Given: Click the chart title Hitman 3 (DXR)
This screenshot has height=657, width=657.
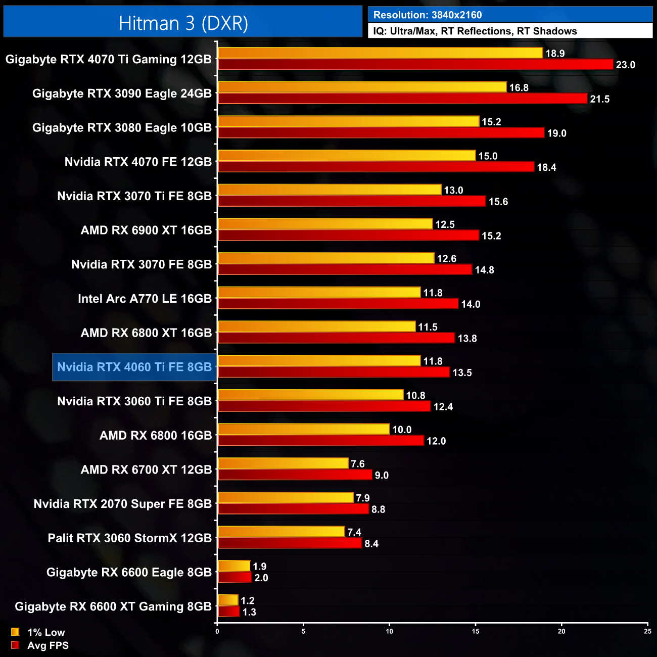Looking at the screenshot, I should point(183,23).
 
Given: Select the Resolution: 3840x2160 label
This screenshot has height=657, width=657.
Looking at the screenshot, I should point(428,15).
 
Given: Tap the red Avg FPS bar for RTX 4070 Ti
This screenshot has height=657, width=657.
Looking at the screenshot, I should point(415,64).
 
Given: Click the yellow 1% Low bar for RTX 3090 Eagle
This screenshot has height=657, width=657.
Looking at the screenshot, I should point(362,87).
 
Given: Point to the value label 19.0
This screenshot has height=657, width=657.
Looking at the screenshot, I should point(556,133).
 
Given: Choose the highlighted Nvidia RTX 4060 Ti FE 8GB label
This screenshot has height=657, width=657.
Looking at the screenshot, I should point(134,367).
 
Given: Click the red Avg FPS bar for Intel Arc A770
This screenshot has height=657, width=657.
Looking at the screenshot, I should point(338,304).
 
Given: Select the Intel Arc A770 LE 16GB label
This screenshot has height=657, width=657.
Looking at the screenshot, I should point(145,299).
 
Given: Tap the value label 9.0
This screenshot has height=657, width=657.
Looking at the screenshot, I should point(382,475).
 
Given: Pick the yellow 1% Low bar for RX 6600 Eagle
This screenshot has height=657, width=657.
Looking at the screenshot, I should point(234,566).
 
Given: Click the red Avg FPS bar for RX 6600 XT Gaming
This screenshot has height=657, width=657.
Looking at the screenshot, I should point(228,612).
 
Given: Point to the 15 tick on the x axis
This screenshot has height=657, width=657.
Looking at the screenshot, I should point(476,631).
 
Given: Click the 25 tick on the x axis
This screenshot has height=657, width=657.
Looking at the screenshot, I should point(647,631).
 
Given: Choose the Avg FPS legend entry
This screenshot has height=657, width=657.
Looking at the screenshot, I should point(40,645).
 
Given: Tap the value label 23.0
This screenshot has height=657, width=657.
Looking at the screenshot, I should point(625,65).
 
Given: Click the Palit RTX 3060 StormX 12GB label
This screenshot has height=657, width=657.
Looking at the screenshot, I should point(129,538).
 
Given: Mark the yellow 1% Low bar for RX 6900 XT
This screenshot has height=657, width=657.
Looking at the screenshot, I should point(325,224).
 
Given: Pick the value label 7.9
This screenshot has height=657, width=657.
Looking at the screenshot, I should point(362,498).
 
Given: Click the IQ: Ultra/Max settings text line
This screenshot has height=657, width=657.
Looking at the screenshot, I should point(475,31).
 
